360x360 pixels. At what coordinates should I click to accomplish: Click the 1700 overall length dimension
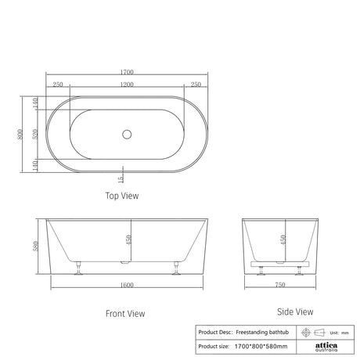[127, 72]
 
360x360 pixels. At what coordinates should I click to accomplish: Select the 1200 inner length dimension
[127, 85]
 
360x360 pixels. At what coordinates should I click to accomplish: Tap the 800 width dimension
[20, 134]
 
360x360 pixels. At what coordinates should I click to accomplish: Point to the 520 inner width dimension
[35, 134]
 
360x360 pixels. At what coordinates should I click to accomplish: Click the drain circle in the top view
[127, 135]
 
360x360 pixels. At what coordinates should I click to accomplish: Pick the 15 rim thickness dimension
[121, 179]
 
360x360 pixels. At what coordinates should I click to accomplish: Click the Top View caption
[122, 196]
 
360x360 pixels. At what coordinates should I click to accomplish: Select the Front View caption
[125, 313]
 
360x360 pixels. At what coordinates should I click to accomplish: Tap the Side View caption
[295, 311]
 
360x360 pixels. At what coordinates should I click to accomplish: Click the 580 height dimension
[35, 247]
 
